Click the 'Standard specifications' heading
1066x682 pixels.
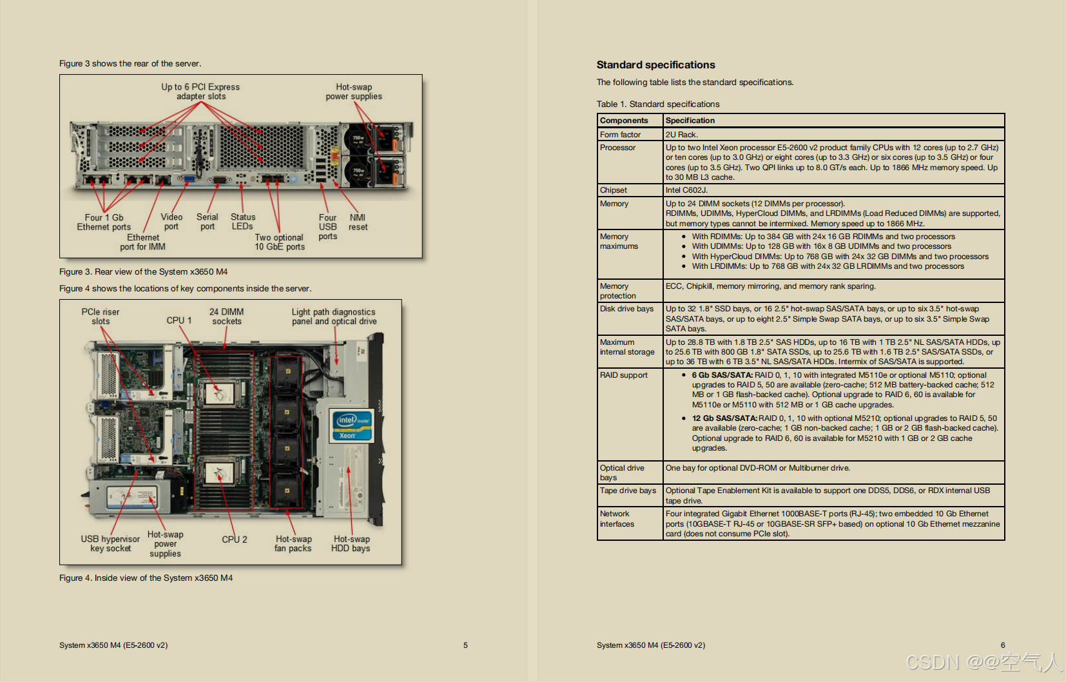point(655,65)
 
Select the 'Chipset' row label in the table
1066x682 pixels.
point(613,190)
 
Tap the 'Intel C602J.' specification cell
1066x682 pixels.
point(686,190)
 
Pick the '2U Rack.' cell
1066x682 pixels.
point(681,135)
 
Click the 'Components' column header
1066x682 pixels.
point(623,121)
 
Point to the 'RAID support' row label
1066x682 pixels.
point(623,375)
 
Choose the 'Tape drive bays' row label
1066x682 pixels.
point(627,491)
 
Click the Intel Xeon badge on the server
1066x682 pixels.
point(351,426)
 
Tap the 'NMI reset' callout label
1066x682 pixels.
point(358,222)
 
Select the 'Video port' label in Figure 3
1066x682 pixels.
point(171,222)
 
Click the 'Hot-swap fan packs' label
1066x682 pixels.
point(293,543)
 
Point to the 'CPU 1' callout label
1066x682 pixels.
point(179,320)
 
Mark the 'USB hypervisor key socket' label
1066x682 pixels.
point(110,543)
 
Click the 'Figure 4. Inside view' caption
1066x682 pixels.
point(146,578)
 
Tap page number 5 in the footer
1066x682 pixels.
point(465,645)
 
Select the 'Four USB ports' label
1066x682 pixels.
point(327,227)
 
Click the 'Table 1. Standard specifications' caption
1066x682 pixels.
point(657,104)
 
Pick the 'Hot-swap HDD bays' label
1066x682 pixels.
point(351,543)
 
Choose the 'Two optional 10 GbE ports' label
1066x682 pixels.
point(279,242)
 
